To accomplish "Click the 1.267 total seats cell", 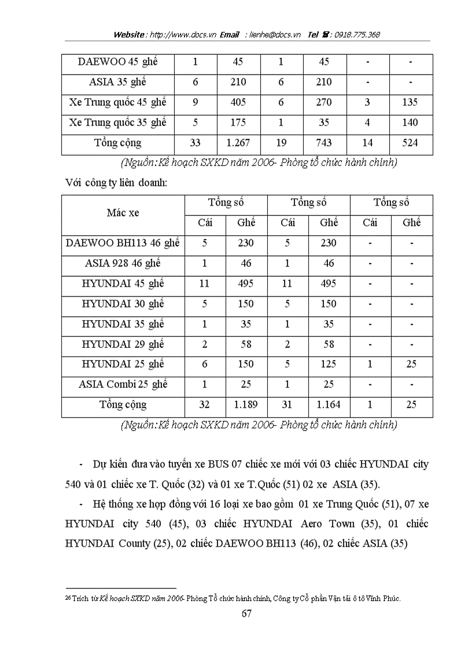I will pyautogui.click(x=238, y=143).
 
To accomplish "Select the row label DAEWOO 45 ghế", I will pyautogui.click(x=117, y=62).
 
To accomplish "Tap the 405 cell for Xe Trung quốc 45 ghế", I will pyautogui.click(x=238, y=102).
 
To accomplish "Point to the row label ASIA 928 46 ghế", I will pyautogui.click(x=123, y=264).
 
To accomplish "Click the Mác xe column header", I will pyautogui.click(x=123, y=213).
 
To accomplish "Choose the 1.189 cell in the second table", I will pyautogui.click(x=246, y=405).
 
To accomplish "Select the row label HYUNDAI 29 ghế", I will pyautogui.click(x=123, y=344).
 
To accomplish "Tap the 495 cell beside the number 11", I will pyautogui.click(x=246, y=284).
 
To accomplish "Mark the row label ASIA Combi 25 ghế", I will pyautogui.click(x=123, y=385).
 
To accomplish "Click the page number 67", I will pyautogui.click(x=246, y=613).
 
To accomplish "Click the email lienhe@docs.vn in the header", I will pyautogui.click(x=275, y=35).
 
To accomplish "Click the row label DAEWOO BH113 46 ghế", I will pyautogui.click(x=123, y=243).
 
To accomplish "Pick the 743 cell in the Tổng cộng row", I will pyautogui.click(x=324, y=143).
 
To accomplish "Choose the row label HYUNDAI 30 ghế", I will pyautogui.click(x=123, y=304).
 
